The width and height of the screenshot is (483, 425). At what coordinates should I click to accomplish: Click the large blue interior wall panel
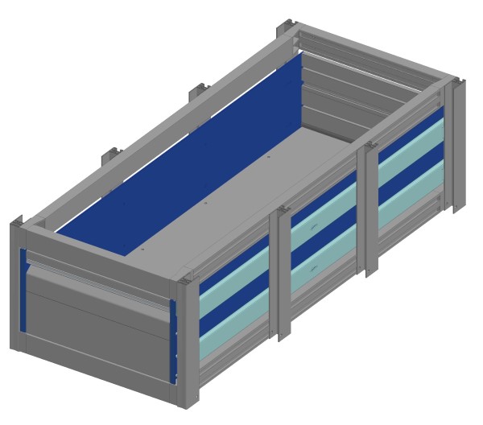pyautogui.click(x=201, y=161)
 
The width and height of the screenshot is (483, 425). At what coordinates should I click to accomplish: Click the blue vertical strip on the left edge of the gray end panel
pyautogui.click(x=23, y=290)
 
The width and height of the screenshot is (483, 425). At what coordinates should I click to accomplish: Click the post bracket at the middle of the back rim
pyautogui.click(x=198, y=93)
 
